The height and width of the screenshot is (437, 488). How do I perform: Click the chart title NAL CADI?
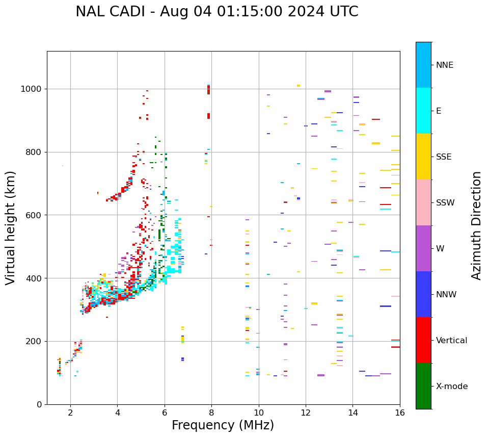216,12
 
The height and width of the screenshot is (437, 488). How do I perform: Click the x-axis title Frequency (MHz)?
223,425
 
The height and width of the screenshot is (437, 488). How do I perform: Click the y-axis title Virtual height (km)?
11,227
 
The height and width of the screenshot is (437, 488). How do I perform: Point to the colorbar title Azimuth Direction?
476,225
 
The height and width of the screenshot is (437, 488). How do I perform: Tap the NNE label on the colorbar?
444,65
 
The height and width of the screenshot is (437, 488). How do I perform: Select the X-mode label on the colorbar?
451,387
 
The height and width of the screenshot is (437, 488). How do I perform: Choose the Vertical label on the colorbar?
451,341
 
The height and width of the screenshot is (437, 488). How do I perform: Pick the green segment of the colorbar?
423,386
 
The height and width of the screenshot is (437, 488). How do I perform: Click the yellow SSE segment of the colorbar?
423,157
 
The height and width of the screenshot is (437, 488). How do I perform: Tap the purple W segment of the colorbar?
423,248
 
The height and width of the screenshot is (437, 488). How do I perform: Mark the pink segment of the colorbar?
423,202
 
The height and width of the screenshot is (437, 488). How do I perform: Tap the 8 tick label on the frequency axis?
211,413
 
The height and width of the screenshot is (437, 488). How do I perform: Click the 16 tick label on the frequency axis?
400,413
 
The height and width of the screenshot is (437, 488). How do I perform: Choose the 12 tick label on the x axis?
306,413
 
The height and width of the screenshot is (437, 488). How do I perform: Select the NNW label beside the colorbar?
446,295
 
